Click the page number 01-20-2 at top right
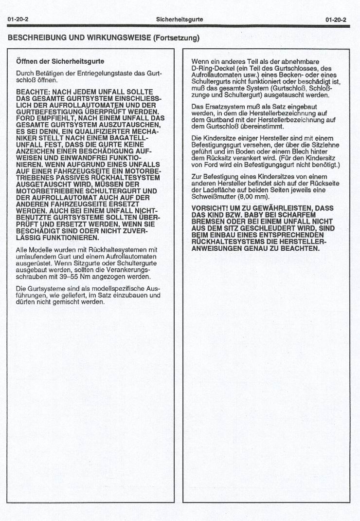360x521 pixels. tap(336, 19)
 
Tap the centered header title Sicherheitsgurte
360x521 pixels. tap(180, 19)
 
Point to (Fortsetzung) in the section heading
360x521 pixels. tap(176, 37)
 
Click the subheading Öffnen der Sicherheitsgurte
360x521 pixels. tap(60, 62)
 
